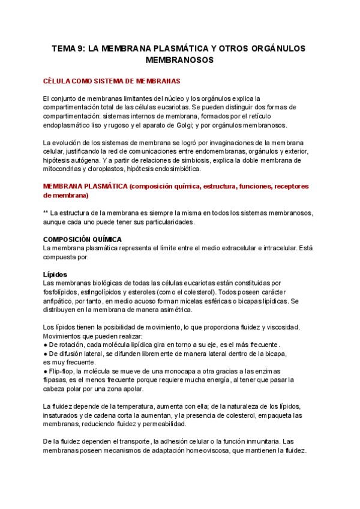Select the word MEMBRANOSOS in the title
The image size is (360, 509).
(180, 61)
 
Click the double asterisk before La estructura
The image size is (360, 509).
(46, 213)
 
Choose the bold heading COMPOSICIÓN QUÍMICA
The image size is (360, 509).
(83, 239)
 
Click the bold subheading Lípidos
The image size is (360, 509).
(56, 274)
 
